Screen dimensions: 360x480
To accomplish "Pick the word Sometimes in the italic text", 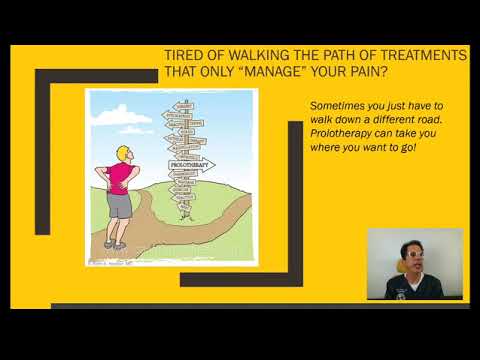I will [x=337, y=105].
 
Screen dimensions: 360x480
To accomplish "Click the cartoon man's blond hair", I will [x=123, y=152].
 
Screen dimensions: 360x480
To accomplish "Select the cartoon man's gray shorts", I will [x=121, y=205].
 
